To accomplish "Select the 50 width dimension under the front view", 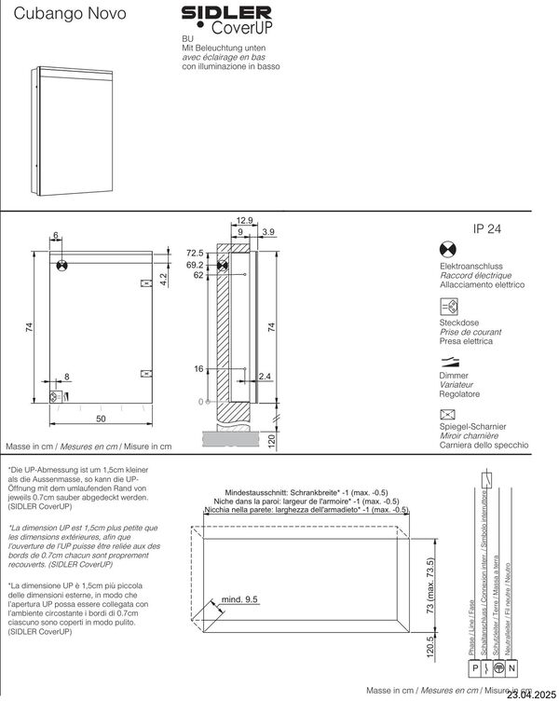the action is pos(99,419).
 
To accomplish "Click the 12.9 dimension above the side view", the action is pos(245,220).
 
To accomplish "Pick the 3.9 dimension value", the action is pos(268,231).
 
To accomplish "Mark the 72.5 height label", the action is pos(194,253).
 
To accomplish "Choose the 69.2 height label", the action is pos(194,265).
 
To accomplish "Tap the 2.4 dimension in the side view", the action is pos(265,377).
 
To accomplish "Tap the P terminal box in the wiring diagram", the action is pos(476,667).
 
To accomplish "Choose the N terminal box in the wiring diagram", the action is pos(511,667).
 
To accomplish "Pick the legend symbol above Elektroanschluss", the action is pos(447,249).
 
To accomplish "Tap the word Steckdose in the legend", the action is pos(458,323).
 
